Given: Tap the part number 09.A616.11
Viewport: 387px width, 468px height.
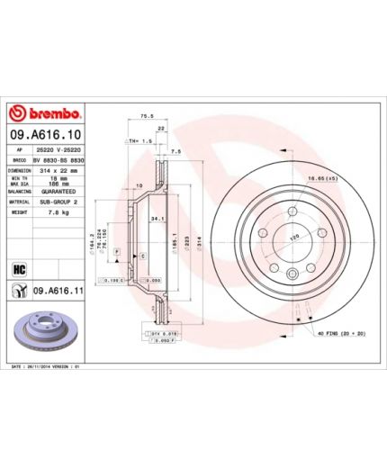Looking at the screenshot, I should coord(57,291).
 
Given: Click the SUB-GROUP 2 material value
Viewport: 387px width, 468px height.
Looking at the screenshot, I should coord(59,202).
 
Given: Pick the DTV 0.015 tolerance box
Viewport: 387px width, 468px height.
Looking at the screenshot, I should coord(154,333).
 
